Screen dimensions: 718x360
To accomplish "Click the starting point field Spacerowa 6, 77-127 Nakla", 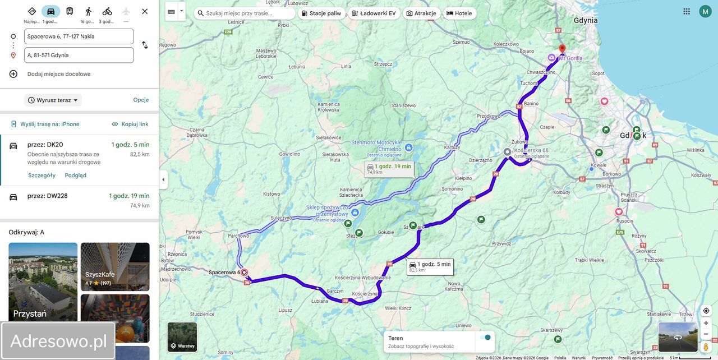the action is tap(79, 36).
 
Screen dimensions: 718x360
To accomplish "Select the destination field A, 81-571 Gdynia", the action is tap(79, 55).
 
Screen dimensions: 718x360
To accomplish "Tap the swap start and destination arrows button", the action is tap(145, 45).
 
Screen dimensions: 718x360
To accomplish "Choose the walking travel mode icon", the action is tap(88, 11).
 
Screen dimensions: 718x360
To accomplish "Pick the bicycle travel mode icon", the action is tap(107, 11).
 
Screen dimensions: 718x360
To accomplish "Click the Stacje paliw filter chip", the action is tap(321, 13).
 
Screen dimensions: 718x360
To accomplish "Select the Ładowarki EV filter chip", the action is tap(374, 13).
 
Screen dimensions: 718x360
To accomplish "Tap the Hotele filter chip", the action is tap(459, 13).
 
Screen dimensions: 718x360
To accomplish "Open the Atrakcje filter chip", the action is tap(421, 13).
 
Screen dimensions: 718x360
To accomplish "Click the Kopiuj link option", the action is tap(130, 124).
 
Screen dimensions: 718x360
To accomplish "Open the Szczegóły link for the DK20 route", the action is tap(42, 176).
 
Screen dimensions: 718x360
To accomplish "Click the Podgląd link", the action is tap(76, 176).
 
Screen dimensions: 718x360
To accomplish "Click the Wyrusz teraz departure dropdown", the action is tap(54, 100).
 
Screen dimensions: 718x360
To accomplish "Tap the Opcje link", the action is tap(141, 100).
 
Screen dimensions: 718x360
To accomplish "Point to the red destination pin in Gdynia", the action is tap(562, 49).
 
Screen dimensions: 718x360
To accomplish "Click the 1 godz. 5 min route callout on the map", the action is tap(430, 267).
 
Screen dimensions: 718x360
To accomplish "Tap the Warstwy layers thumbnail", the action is tap(182, 337).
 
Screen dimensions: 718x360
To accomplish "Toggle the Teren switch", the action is tap(485, 338).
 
